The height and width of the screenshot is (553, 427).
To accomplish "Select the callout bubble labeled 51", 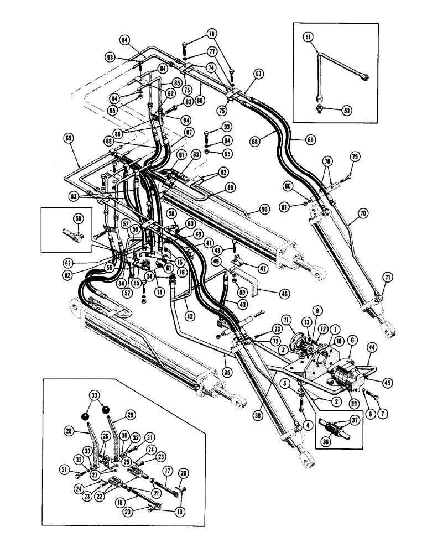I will click(308, 37).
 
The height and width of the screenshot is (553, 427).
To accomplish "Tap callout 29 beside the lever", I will click(130, 414).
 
